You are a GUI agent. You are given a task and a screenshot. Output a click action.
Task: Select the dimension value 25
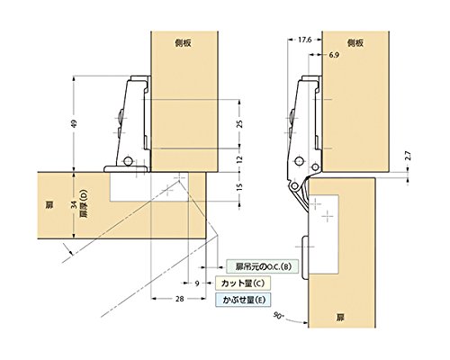pyautogui.click(x=239, y=124)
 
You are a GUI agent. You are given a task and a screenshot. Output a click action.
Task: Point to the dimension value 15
pyautogui.click(x=239, y=186)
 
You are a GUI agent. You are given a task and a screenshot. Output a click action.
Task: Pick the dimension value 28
pyautogui.click(x=180, y=299)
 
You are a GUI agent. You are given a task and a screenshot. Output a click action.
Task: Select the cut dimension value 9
pyautogui.click(x=197, y=283)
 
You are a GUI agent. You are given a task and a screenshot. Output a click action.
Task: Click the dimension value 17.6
pyautogui.click(x=305, y=40)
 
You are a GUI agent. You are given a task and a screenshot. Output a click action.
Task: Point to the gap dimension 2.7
pyautogui.click(x=408, y=157)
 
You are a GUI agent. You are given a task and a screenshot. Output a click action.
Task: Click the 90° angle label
pyautogui.click(x=279, y=315)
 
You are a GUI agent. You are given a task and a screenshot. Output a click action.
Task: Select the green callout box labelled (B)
pyautogui.click(x=263, y=266)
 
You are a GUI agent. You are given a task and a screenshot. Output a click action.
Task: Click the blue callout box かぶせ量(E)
pyautogui.click(x=243, y=300)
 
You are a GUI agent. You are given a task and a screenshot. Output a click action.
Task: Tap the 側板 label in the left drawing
pyautogui.click(x=183, y=43)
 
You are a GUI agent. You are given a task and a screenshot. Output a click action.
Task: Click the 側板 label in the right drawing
pyautogui.click(x=355, y=43)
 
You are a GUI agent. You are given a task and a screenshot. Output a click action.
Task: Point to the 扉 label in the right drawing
pyautogui.click(x=340, y=318)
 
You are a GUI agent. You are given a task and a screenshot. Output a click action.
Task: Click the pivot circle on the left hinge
pyautogui.click(x=129, y=161)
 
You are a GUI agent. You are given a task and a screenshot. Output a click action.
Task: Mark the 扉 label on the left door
pyautogui.click(x=49, y=205)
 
